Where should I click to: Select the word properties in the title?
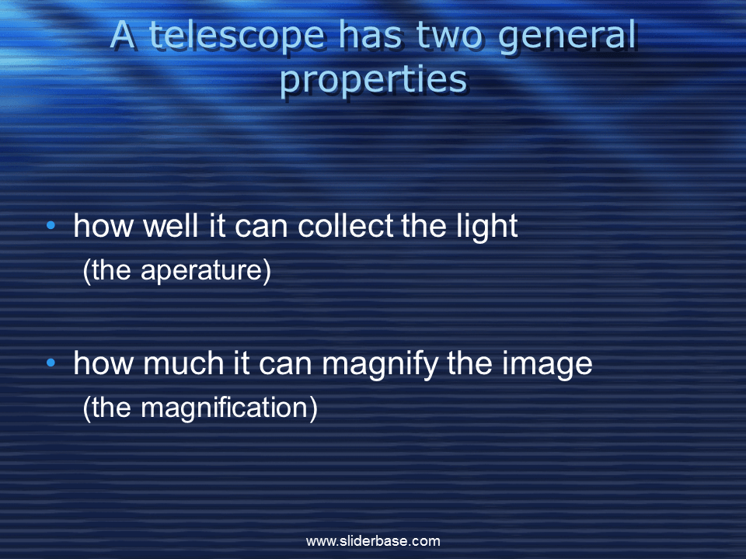373,81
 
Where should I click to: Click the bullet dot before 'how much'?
51,363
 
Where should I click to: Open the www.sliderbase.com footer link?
373,541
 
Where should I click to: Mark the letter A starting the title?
123,36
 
